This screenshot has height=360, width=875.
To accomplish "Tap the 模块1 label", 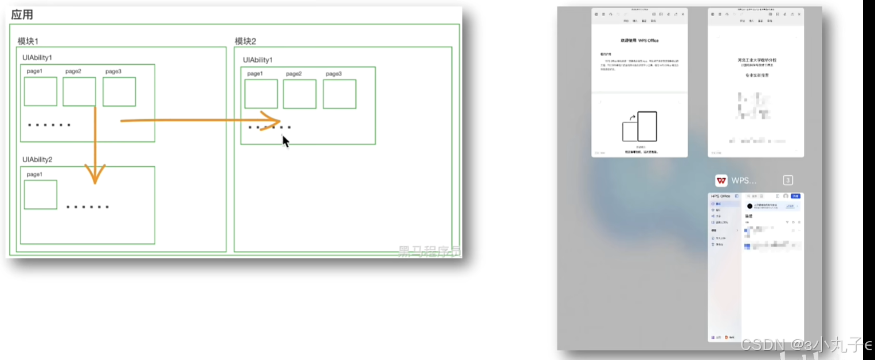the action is pyautogui.click(x=28, y=41).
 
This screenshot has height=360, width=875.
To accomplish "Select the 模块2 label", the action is pyautogui.click(x=245, y=41).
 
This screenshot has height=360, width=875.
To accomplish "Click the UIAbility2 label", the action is pyautogui.click(x=37, y=159).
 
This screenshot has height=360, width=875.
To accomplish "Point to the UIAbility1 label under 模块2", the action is pyautogui.click(x=258, y=60).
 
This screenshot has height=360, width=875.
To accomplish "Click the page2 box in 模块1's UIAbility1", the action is pyautogui.click(x=79, y=92).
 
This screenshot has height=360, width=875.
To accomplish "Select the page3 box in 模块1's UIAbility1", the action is pyautogui.click(x=119, y=92).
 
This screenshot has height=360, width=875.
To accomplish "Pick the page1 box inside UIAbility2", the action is pyautogui.click(x=40, y=194).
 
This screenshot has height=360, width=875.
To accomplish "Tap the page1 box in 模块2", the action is pyautogui.click(x=261, y=94).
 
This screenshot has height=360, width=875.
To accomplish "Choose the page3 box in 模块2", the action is pyautogui.click(x=339, y=94).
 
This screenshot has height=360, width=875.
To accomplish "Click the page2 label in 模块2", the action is pyautogui.click(x=294, y=74).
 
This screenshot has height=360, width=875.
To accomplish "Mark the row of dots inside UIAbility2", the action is pyautogui.click(x=87, y=207).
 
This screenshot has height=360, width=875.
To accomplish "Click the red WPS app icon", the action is pyautogui.click(x=721, y=181).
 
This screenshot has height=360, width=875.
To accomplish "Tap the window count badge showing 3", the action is pyautogui.click(x=788, y=181).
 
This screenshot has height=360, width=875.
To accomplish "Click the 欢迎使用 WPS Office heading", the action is pyautogui.click(x=639, y=41).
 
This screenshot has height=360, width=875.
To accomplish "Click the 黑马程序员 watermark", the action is pyautogui.click(x=429, y=251).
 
